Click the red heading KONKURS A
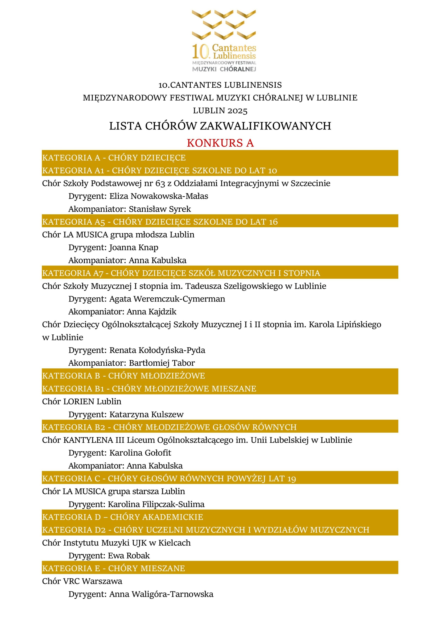pos(220,143)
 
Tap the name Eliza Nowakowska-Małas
pos(159,196)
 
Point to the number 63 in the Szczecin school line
pos(160,183)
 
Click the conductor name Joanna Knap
pos(134,247)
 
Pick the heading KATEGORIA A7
pos(73,273)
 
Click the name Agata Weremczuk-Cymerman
pos(167,299)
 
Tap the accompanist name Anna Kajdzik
pos(151,311)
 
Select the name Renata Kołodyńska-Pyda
pos(157,350)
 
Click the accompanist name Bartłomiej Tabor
pos(162,363)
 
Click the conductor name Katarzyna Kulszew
pos(146,414)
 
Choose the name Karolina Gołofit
pos(140,453)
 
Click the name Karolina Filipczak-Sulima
pos(156,504)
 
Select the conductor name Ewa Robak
pos(129,555)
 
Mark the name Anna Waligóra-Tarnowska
pos(161,594)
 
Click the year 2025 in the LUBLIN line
pos(237,111)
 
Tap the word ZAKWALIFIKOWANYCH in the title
pos(266,126)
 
